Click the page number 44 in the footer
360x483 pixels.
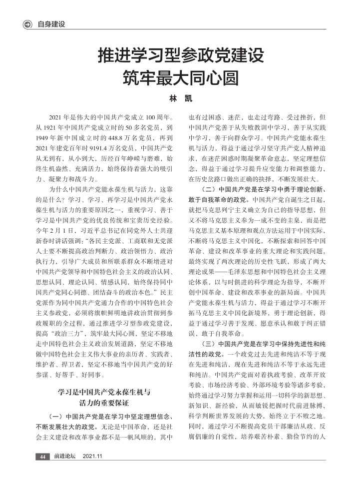coord(42,457)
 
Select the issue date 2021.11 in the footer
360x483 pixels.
coord(93,457)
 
